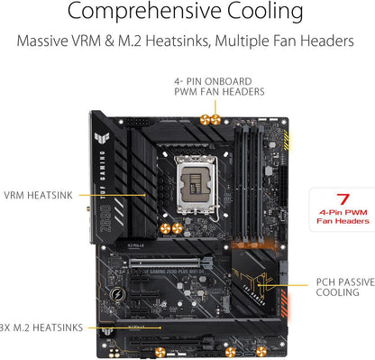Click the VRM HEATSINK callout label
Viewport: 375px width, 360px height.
37,193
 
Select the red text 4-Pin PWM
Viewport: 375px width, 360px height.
342,212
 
